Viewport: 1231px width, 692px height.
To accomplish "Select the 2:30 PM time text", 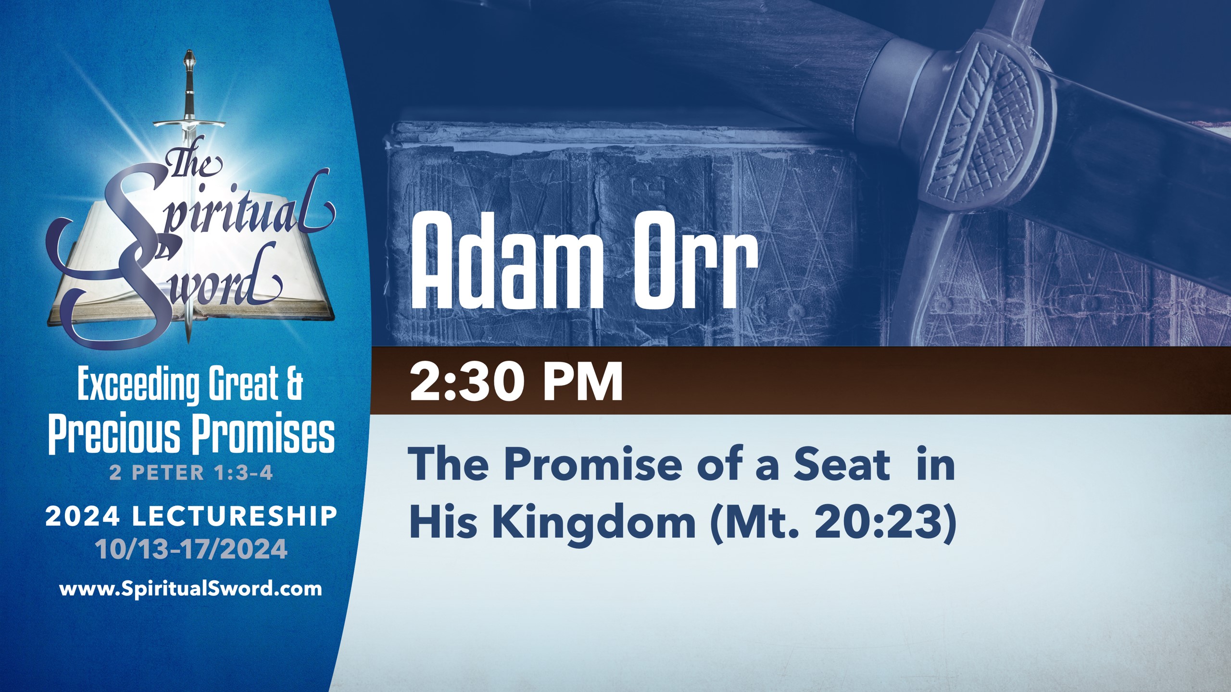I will tap(516, 382).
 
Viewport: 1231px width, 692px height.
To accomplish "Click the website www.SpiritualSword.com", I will tap(190, 589).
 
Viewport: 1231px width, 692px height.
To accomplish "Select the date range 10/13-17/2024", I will tap(191, 549).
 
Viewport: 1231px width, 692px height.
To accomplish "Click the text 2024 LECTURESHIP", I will tap(191, 517).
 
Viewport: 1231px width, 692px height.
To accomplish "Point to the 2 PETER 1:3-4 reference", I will tap(191, 473).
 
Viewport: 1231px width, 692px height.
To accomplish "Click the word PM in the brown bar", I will tap(583, 382).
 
